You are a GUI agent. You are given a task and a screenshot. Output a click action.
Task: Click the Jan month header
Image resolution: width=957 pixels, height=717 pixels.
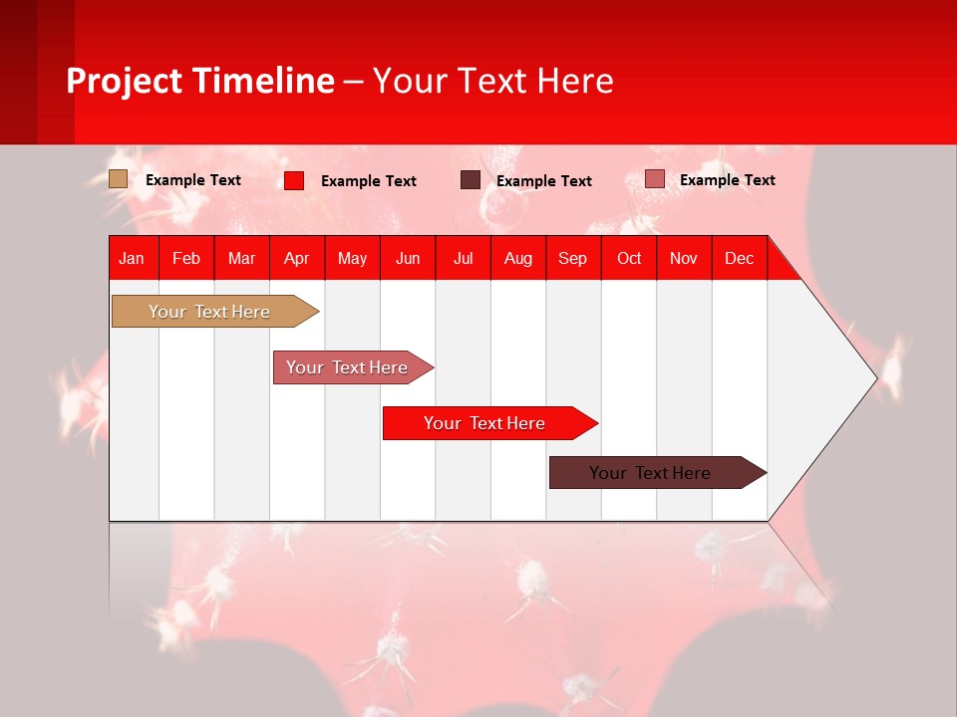click(132, 258)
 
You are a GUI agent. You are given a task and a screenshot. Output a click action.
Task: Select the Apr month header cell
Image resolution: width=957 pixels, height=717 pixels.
click(296, 258)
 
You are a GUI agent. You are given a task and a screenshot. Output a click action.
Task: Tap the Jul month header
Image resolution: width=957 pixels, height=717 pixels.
click(463, 258)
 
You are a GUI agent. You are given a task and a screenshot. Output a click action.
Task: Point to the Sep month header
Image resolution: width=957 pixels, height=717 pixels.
click(572, 258)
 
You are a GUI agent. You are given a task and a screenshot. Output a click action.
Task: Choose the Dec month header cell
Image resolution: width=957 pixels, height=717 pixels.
click(739, 258)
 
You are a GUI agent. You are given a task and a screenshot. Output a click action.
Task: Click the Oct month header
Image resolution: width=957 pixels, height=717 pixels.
click(629, 258)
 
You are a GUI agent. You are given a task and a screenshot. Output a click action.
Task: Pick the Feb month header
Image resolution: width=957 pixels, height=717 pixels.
click(186, 258)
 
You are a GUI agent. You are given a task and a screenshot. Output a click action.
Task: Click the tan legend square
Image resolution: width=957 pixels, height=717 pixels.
click(118, 179)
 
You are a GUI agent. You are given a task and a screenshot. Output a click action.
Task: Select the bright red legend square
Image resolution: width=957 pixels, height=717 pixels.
click(294, 180)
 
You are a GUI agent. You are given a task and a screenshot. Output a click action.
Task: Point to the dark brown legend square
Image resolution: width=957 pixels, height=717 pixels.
click(470, 180)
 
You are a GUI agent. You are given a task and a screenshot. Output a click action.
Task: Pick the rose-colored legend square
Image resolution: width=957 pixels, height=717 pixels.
click(654, 179)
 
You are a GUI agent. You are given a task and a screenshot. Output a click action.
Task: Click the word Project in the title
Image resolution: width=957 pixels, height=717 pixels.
click(125, 81)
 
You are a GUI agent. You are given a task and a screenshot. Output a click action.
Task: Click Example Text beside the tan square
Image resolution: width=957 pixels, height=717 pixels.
click(193, 180)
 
